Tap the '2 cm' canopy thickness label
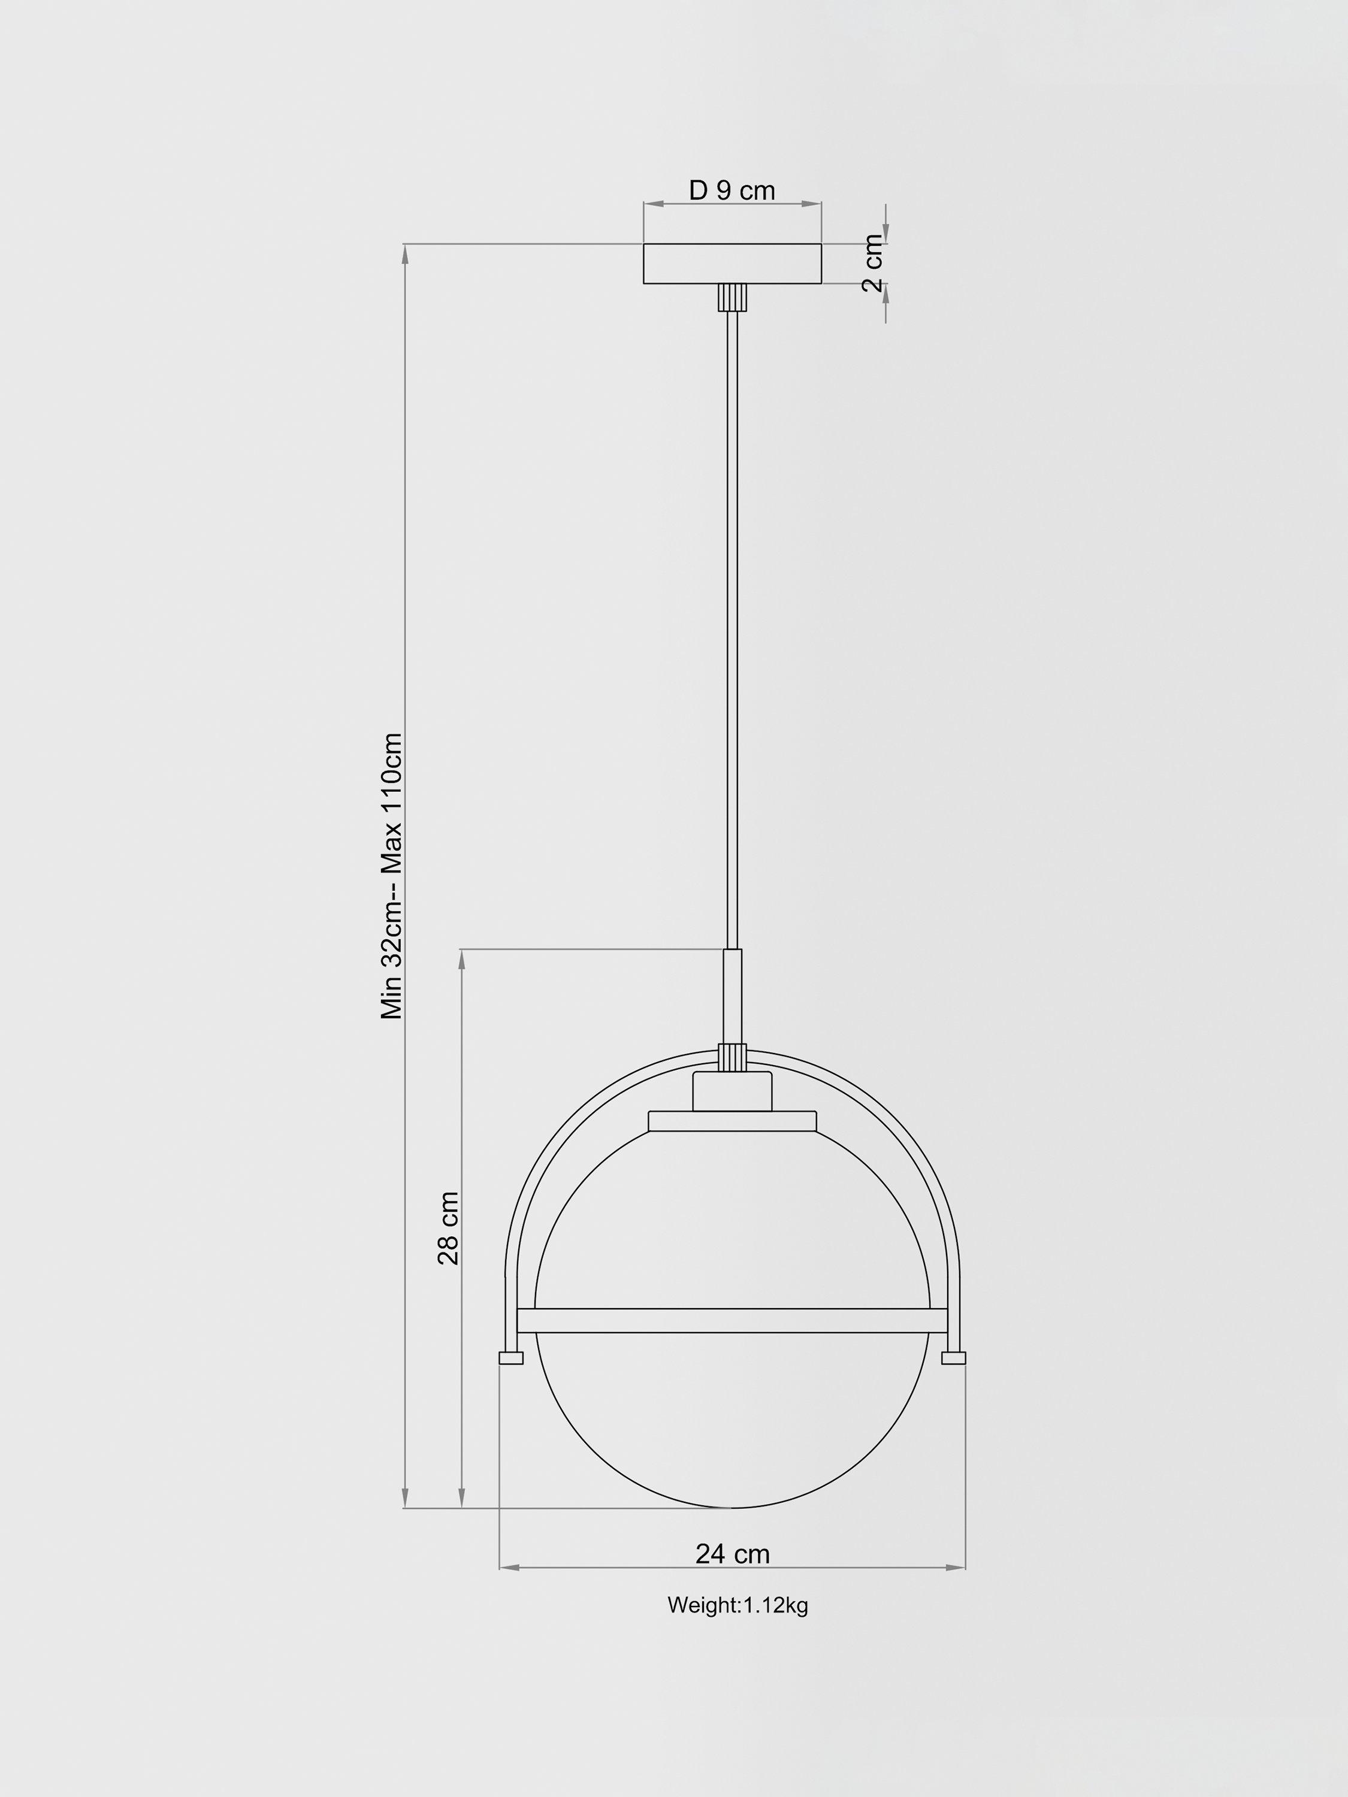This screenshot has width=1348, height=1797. click(873, 262)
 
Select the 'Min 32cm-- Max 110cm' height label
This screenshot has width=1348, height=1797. click(392, 876)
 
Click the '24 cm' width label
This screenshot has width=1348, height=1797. click(732, 1553)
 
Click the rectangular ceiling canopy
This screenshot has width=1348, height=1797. click(732, 263)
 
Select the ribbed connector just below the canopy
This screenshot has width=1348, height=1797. click(732, 297)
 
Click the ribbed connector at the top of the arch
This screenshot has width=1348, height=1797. click(732, 1058)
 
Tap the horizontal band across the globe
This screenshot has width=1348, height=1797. click(732, 1320)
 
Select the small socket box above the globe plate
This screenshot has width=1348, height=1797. click(732, 1091)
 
